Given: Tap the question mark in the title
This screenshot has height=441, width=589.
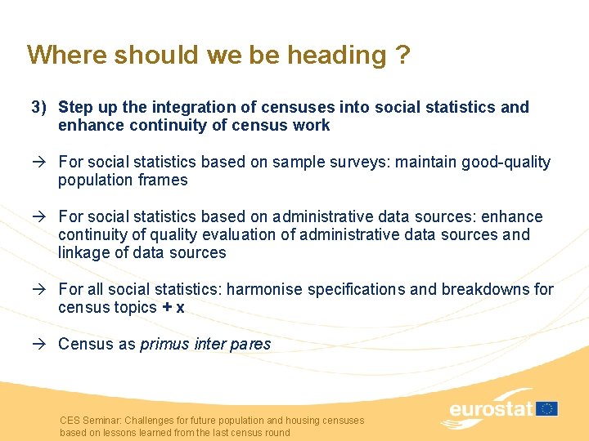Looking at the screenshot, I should coord(402,55).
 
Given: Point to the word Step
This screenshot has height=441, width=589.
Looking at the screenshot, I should coord(75,107).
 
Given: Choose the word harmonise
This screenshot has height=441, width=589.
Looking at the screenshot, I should coord(263,289).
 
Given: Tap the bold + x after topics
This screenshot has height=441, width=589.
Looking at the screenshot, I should coord(173,308).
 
